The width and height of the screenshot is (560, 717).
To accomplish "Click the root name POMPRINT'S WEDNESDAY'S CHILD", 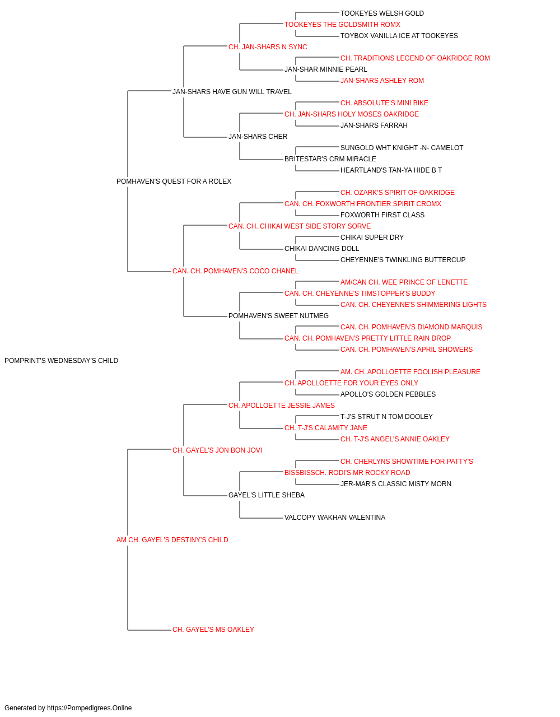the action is point(62,361).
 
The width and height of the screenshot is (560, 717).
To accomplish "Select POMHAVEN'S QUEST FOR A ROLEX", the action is point(174,181).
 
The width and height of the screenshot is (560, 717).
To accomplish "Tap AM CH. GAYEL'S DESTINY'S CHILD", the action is point(172,540).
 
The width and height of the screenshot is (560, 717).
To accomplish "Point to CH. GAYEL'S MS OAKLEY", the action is point(213,630).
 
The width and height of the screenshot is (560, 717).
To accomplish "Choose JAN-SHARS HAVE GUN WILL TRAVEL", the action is point(232,92).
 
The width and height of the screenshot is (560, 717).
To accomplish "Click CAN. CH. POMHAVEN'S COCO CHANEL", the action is point(235,271).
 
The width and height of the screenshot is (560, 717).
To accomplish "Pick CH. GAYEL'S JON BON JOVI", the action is point(217,450).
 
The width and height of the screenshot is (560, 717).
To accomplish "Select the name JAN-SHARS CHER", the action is point(258,137).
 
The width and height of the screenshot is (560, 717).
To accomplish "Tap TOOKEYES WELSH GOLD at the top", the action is point(382,13).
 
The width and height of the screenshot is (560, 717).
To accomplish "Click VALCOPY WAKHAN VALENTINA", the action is point(335,518).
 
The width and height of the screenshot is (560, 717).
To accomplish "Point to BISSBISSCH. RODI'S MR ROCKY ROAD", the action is point(347,473).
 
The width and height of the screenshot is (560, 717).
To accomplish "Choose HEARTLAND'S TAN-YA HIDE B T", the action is point(391,170).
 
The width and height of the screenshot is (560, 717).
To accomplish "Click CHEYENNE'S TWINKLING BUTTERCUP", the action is point(403,260).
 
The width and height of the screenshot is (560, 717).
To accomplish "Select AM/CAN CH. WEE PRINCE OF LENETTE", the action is point(404,282).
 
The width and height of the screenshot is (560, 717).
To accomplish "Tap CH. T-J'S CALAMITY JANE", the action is point(326,428).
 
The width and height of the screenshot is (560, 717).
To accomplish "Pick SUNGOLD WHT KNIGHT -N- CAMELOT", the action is point(402,148).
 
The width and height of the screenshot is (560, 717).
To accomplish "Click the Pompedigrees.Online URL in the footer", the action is point(90,708).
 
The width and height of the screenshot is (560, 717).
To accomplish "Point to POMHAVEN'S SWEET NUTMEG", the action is point(278,316).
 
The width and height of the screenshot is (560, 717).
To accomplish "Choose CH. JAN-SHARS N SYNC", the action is point(268,47).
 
